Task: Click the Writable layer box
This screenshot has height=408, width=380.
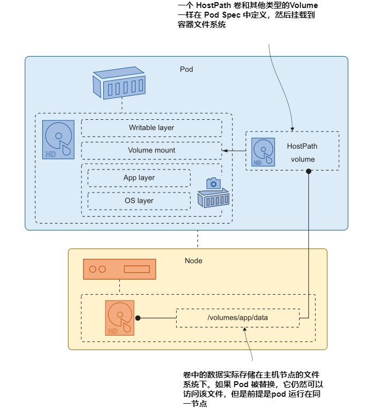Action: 151,128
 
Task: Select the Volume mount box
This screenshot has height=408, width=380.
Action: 151,150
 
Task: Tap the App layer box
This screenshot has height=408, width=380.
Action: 139,178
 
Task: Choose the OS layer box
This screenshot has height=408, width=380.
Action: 139,201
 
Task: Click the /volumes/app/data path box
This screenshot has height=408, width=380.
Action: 238,318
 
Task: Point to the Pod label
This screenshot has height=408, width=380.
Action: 186,70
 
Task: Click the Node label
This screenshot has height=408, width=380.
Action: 193,260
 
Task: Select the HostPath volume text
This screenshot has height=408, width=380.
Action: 302,152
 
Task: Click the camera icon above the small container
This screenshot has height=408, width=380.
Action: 214,183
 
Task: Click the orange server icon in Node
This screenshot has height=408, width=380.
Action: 119,269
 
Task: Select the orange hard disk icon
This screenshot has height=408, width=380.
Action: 120,318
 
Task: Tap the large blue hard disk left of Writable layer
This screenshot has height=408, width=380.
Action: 58,139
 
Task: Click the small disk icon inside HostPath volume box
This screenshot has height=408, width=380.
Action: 263,152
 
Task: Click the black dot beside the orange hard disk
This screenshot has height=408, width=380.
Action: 138,318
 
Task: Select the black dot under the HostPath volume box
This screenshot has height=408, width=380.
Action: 308,171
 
